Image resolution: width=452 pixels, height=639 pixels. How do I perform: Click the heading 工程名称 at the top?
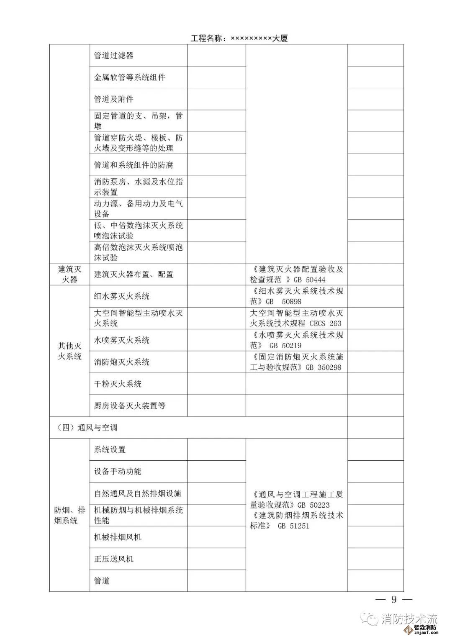[x=239, y=38]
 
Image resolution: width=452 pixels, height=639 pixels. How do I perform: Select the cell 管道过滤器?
[x=113, y=56]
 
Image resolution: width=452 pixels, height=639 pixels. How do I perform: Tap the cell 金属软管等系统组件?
[x=129, y=77]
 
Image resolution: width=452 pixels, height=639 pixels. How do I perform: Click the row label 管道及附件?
[x=113, y=99]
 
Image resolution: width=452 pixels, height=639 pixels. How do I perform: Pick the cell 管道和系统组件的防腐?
[x=133, y=165]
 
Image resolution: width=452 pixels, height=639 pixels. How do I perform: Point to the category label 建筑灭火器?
[x=69, y=274]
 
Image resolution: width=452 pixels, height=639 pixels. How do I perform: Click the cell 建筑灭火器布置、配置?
[x=133, y=275]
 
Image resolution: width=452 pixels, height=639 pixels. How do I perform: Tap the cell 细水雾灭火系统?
[x=121, y=296]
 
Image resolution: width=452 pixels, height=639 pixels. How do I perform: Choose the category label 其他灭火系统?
[x=69, y=351]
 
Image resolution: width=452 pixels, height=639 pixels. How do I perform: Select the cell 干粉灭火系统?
[x=118, y=384]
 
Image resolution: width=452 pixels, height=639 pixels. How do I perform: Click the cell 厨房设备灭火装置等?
[x=129, y=405]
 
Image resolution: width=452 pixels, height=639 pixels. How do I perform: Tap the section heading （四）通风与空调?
[x=87, y=428]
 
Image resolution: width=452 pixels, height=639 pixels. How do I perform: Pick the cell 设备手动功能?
[x=118, y=471]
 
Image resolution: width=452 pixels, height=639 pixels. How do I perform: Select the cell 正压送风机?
[x=113, y=559]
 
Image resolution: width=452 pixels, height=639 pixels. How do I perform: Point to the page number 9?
[x=393, y=599]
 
